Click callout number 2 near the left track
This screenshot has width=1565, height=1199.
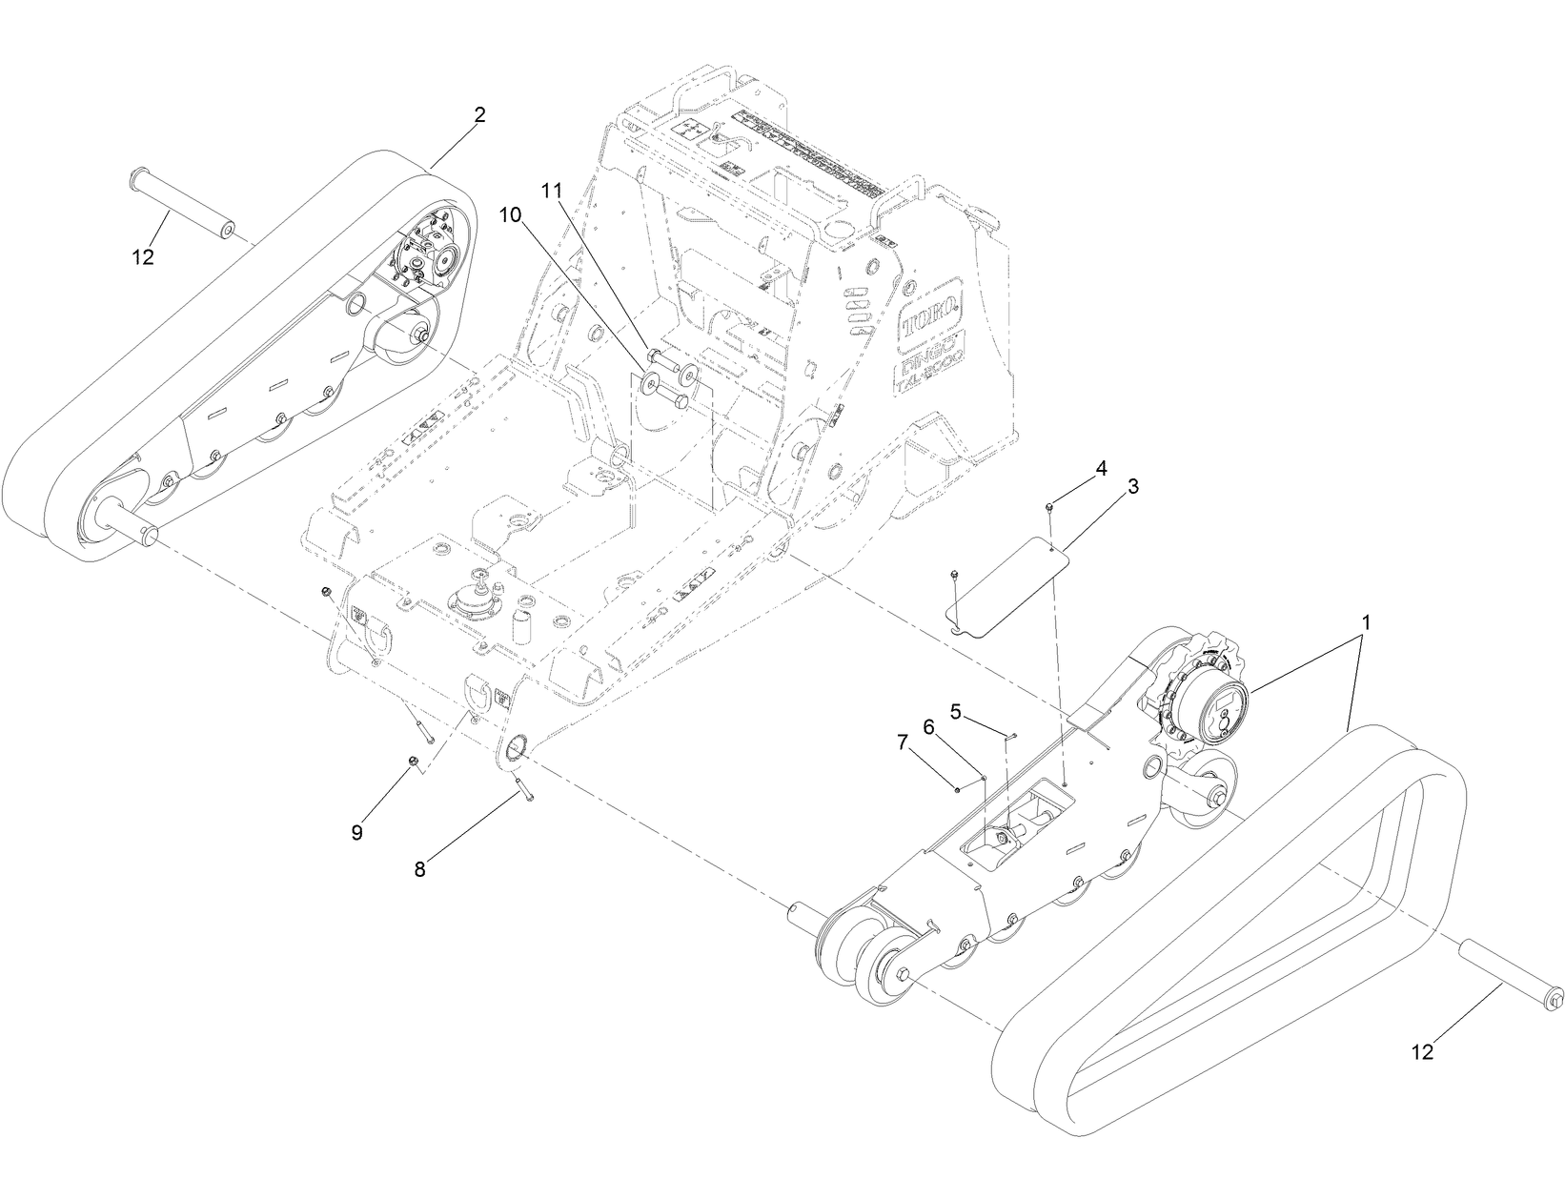click(479, 115)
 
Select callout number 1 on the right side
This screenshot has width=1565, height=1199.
click(1366, 622)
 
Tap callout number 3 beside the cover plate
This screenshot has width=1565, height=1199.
click(1133, 486)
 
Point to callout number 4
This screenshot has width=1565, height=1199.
click(1101, 468)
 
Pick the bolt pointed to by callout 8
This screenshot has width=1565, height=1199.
click(523, 787)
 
